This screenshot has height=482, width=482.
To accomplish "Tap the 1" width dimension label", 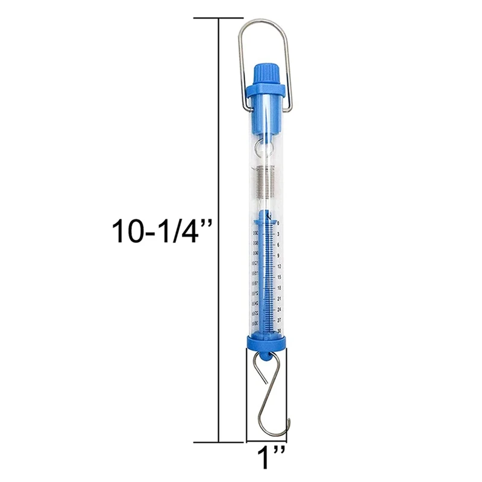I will click(x=265, y=458).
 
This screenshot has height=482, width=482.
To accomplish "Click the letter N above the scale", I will click(x=268, y=214).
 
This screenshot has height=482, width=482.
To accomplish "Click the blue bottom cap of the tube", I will click(x=266, y=343).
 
